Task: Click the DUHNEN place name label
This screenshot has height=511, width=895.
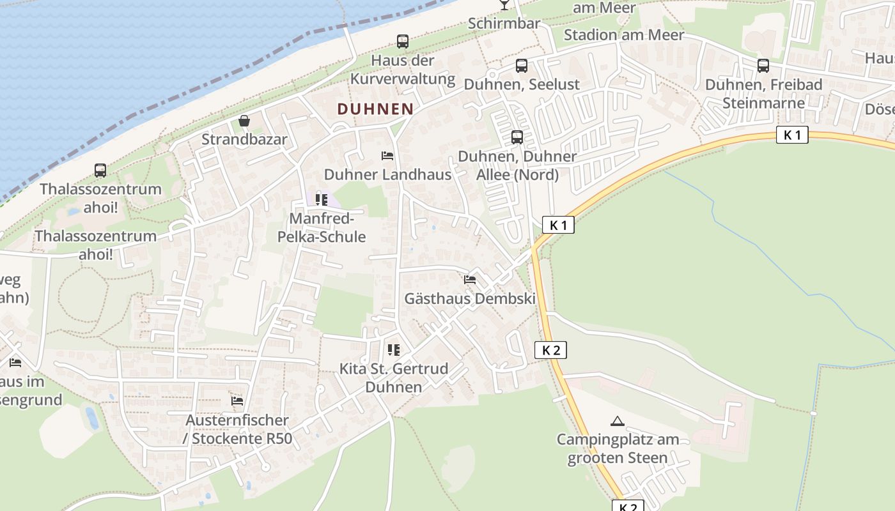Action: tap(375, 109)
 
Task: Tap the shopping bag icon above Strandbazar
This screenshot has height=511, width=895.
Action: tap(244, 121)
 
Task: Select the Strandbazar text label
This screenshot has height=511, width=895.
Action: tap(244, 139)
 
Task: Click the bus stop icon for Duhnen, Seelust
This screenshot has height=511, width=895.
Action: tap(522, 66)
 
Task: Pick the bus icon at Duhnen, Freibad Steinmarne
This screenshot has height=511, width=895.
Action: tap(763, 66)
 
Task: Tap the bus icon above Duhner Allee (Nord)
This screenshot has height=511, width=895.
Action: tap(517, 137)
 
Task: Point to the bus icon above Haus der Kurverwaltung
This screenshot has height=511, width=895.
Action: tap(402, 42)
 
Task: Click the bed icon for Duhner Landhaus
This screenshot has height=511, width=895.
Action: tap(387, 156)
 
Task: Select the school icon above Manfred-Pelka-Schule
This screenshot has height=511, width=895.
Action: tap(322, 200)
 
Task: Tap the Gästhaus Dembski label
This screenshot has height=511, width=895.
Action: tap(470, 298)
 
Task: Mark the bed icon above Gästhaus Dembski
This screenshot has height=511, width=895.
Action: tap(470, 280)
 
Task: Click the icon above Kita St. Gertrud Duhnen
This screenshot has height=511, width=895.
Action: tap(393, 350)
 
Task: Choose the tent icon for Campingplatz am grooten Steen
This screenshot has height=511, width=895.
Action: tap(617, 421)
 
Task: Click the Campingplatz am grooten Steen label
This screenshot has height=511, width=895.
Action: tap(618, 448)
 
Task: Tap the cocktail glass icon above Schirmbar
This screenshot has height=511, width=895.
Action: tap(504, 5)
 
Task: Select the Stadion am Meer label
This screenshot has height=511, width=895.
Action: tap(623, 35)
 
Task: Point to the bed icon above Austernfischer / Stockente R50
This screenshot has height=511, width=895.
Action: tap(237, 401)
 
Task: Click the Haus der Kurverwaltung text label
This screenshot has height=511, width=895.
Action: tap(402, 70)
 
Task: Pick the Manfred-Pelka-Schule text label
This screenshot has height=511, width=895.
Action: tap(322, 228)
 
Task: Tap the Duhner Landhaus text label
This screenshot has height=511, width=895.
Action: tap(387, 174)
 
